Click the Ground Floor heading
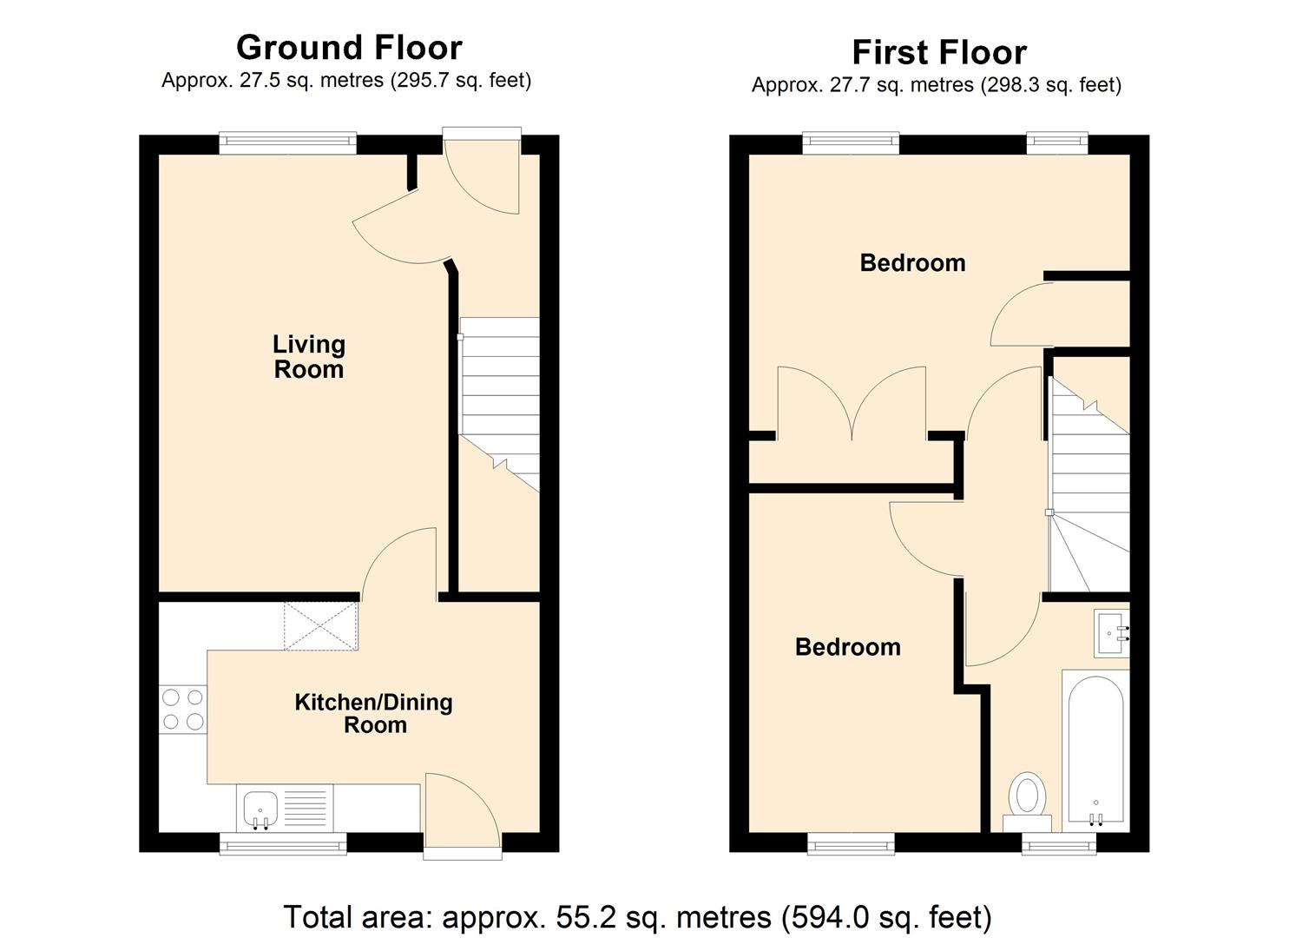click(x=349, y=47)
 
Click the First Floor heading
click(x=938, y=52)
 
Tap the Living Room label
click(x=309, y=357)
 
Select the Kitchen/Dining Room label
click(x=373, y=713)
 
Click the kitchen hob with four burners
click(x=182, y=709)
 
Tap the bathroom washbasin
click(x=1111, y=633)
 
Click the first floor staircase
click(x=1089, y=486)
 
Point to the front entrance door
click(x=482, y=174)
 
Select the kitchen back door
click(x=462, y=812)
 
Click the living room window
click(x=287, y=143)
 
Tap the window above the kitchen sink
click(x=282, y=842)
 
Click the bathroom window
click(x=1058, y=842)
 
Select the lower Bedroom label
click(x=847, y=647)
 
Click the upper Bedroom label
click(x=912, y=263)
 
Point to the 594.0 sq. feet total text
click(x=886, y=917)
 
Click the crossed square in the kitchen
click(x=320, y=626)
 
